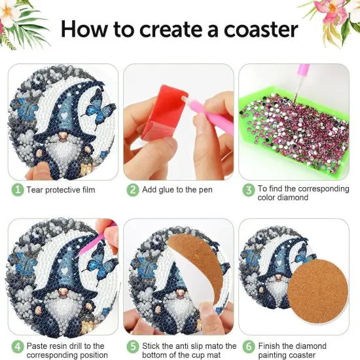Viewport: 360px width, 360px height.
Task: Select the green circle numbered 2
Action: (x=132, y=190)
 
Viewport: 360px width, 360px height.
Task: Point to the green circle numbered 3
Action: (x=248, y=190)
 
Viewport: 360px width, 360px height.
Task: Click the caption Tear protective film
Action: (x=60, y=190)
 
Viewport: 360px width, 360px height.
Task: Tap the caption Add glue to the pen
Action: (x=177, y=190)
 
